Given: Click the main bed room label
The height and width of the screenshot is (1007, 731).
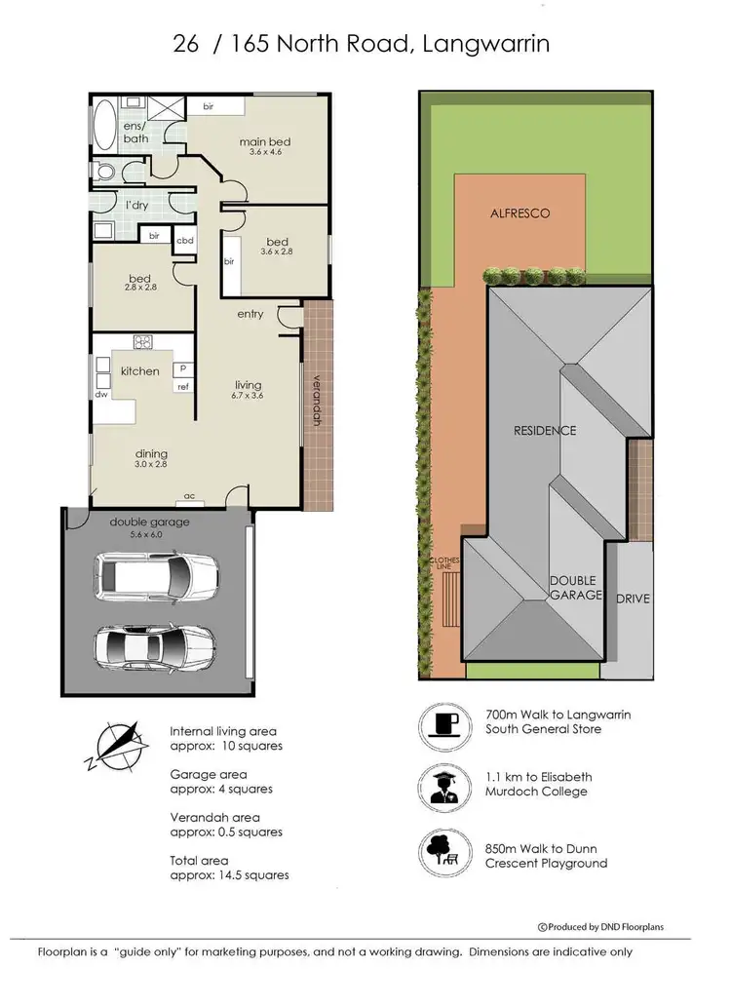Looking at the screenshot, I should pos(265,142).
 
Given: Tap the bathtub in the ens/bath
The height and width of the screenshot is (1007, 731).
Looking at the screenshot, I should pos(105,124).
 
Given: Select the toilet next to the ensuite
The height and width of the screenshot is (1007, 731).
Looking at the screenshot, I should pos(106,174).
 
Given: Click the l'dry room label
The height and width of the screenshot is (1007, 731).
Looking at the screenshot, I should pos(137,205).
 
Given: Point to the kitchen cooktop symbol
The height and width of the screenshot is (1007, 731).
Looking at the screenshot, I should pos(143,341).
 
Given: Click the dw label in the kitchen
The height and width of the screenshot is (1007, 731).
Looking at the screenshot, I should pos(101,395).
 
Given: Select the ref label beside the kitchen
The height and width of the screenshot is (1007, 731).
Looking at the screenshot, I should pos(182,387).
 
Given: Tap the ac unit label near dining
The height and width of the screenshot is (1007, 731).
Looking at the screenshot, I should pos(190,496).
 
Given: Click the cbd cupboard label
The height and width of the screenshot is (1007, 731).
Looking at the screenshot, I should pos(184,240).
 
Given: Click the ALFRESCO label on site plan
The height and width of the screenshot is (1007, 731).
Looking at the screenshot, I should pos(519,213).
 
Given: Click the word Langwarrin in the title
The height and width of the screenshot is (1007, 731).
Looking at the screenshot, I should pos(497,44).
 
